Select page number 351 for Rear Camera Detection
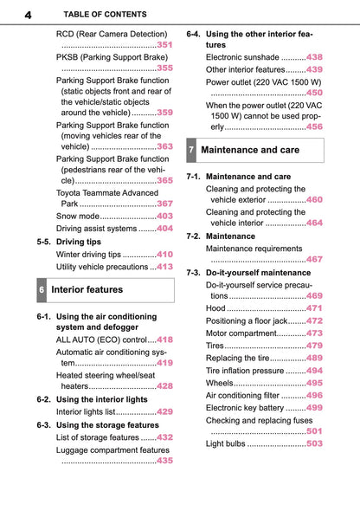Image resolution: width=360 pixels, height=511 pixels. click(164, 44)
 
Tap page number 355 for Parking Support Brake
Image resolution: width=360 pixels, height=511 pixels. click(164, 68)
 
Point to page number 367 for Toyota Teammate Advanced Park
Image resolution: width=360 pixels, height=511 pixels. click(164, 204)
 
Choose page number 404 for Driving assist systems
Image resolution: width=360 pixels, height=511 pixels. click(164, 229)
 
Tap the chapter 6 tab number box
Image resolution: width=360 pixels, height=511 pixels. click(41, 290)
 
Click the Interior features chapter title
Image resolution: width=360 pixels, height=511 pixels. click(87, 290)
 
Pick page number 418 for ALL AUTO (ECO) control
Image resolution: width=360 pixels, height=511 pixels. click(164, 340)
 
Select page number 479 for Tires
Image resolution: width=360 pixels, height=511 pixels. click(314, 346)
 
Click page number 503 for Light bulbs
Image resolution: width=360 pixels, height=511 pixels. click(314, 443)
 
